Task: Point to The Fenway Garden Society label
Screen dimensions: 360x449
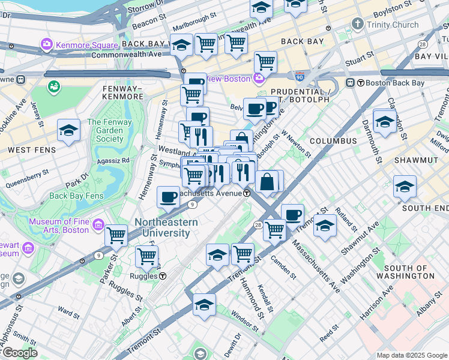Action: pos(113,130)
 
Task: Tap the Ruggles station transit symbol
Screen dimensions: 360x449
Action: pos(163,276)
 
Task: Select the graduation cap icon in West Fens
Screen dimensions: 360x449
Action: pos(68,131)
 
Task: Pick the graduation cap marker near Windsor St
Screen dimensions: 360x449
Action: pos(204,304)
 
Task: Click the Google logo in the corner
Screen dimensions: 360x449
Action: pos(19,353)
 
